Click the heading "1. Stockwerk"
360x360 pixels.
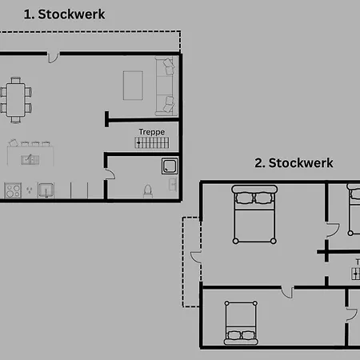pos(64,14)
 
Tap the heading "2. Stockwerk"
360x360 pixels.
pos(294,163)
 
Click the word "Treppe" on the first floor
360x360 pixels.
pos(152,132)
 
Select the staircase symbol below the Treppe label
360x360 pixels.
pos(152,142)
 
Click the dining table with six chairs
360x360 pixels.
pos(16,100)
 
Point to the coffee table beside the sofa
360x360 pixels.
pos(133,86)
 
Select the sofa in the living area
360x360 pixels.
pos(165,86)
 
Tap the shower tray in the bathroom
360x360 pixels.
pos(170,166)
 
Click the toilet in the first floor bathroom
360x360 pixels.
pos(148,191)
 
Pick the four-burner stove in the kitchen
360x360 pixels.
pos(13,190)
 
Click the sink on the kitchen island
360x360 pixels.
pos(30,159)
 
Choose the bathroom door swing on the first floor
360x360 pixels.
pos(110,174)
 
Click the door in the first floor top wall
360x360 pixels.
pos(53,58)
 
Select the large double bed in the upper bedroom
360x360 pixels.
pos(254,214)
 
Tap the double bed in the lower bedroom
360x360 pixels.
pos(241,323)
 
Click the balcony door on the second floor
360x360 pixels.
pos(196,258)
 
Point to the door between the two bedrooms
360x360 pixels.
pos(287,293)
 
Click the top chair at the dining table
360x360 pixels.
pos(16,80)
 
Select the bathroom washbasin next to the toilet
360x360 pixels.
pos(173,185)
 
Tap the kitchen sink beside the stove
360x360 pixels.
pos(46,190)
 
